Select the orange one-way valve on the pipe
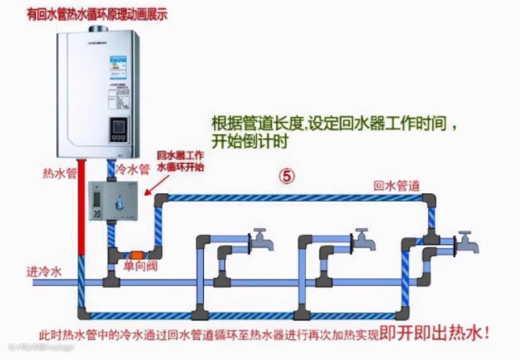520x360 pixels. pos(136,254)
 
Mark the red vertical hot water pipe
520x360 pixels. pos(81,207)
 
